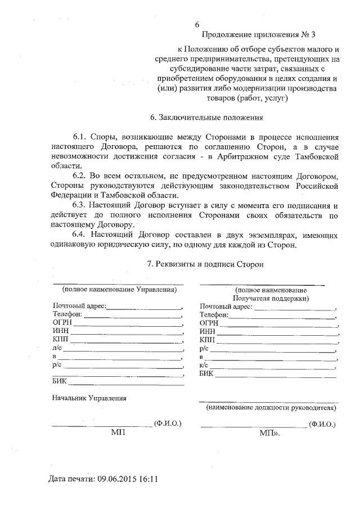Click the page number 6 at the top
pos(197,25)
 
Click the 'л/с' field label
pos(56,348)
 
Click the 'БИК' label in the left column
pos(59,381)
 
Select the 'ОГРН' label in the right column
pos(209,323)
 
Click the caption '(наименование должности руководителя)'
pos(271,407)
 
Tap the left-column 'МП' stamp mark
pos(118,433)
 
